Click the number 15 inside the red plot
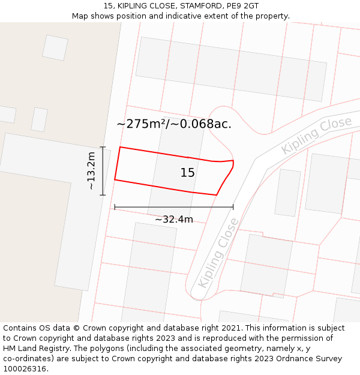pos(187,173)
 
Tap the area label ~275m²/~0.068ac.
pos(174,124)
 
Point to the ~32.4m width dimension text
pos(174,220)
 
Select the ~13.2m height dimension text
pos(91,171)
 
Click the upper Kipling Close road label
pos(316,136)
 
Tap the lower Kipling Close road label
pos(218,253)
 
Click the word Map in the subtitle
pos(80,16)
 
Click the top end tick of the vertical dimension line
pos(103,147)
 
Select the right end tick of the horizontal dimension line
pos(233,207)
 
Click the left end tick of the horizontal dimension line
pos(115,207)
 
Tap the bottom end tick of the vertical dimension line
pos(103,195)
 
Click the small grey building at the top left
pos(55,47)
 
